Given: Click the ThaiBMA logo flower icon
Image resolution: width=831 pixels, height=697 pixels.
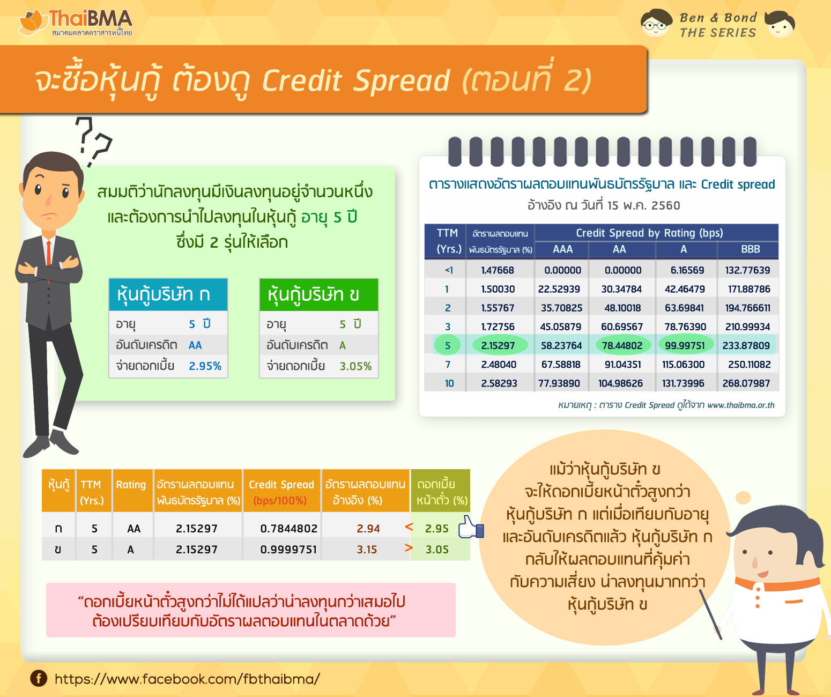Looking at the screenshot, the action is click(x=31, y=22).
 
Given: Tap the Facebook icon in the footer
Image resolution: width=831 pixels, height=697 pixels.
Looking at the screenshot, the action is click(x=39, y=678).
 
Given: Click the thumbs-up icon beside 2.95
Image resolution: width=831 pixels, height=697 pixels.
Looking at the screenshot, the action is click(x=470, y=527).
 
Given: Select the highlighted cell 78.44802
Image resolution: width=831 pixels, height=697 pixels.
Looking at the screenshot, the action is click(x=622, y=345).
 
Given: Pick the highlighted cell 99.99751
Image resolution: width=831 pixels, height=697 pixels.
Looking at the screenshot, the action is click(x=685, y=345).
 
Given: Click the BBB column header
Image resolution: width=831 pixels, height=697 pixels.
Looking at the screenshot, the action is click(x=750, y=249).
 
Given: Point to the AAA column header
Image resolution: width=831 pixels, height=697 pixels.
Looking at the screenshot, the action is click(x=562, y=249).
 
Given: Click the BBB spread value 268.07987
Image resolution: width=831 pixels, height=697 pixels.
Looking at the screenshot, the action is click(x=746, y=383).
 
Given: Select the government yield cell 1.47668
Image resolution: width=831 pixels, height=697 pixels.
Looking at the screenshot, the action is click(x=498, y=270).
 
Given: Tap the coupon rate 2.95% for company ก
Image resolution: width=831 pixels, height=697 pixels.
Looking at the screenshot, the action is click(x=205, y=366).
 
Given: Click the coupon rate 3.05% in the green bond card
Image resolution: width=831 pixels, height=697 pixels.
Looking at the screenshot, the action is click(x=355, y=366).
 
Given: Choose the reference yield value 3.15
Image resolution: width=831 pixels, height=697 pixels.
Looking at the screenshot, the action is click(x=367, y=550).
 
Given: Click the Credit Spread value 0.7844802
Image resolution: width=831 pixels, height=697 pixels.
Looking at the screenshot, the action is click(x=289, y=529).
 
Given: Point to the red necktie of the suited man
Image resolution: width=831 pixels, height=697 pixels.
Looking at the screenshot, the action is click(x=49, y=254).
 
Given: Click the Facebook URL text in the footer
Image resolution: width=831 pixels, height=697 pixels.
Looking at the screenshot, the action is click(x=187, y=679).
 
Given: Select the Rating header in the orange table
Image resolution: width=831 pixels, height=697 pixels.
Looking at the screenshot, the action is click(x=131, y=485).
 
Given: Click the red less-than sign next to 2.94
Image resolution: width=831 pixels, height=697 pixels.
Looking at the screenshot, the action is click(x=409, y=527).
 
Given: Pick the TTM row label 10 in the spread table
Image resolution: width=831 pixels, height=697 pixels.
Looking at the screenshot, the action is click(x=449, y=383).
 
